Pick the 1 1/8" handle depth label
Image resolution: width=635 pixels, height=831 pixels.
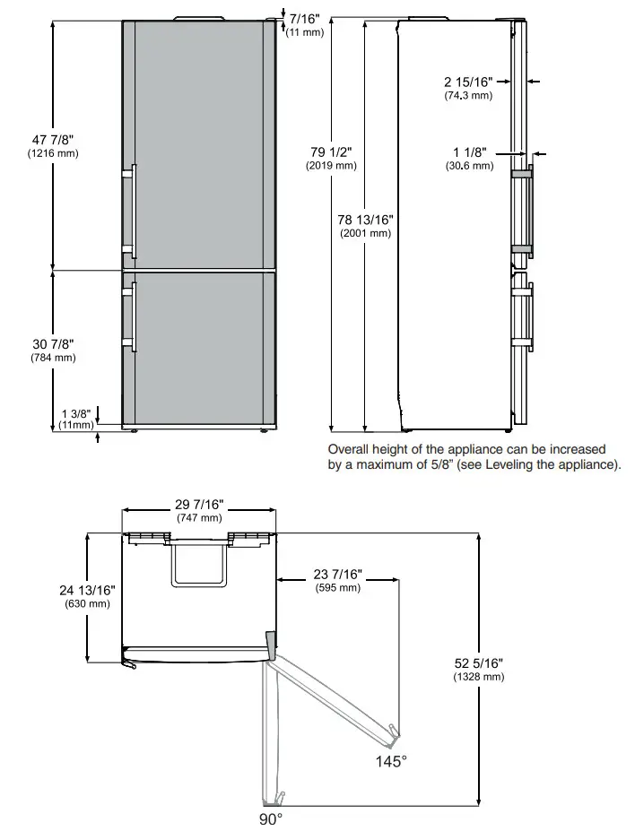pos(470,152)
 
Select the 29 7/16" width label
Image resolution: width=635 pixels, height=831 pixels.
pos(198,505)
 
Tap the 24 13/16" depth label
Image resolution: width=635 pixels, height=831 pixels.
pos(87,590)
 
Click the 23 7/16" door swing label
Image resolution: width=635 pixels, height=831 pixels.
pos(337,575)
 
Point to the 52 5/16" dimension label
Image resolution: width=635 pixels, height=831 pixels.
pos(479,663)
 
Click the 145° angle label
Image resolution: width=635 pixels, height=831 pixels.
pos(392,761)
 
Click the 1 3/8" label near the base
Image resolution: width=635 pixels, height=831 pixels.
pos(75,413)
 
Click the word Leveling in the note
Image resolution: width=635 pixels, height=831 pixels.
pos(517,464)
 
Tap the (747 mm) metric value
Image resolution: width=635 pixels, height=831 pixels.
pos(198,518)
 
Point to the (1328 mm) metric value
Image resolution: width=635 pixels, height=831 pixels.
pos(479,677)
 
